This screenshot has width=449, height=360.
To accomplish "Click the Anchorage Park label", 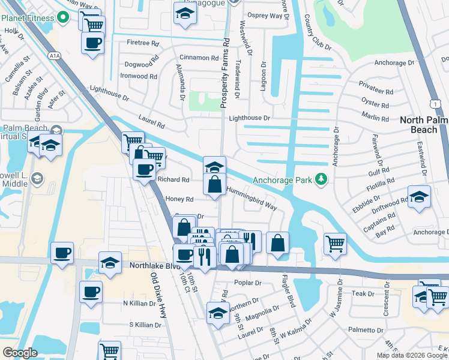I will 283,179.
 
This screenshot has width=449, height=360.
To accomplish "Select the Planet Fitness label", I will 28,17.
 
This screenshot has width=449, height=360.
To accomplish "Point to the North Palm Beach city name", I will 423,124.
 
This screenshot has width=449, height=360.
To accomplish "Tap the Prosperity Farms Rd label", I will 226,74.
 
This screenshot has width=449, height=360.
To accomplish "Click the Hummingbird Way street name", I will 252,198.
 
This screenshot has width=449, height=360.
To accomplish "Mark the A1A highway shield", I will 55,56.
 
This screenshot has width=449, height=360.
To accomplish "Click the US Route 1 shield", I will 433,104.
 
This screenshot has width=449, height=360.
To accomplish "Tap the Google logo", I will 20,353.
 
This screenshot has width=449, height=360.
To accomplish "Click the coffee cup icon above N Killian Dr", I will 91,293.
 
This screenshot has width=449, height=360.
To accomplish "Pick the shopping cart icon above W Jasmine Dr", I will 335,243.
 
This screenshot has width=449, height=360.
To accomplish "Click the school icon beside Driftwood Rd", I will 419,197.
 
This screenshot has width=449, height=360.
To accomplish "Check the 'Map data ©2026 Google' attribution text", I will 412,355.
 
